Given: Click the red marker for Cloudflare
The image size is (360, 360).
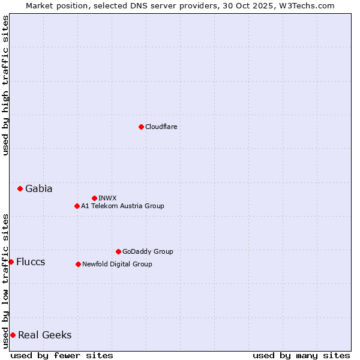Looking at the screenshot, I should (141, 127).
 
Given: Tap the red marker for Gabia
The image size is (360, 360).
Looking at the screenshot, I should (20, 188).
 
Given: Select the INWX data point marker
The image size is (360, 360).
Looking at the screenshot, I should (94, 198).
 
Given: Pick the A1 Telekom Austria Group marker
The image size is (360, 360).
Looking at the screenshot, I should (77, 206).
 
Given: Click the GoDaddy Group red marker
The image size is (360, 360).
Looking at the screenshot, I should (118, 251).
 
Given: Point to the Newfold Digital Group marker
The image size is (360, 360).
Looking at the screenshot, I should (78, 264).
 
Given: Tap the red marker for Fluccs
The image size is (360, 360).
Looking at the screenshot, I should (11, 262).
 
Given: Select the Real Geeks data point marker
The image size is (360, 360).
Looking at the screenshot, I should (13, 335).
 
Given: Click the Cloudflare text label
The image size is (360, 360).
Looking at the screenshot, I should (161, 127).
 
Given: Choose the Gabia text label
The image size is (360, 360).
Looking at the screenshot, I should (38, 188).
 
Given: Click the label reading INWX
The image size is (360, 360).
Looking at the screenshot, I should (107, 198).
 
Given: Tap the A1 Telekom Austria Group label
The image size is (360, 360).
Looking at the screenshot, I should (122, 206).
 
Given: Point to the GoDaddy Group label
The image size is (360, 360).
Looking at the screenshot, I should (148, 251).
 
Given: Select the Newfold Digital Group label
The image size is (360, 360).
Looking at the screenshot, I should (117, 264).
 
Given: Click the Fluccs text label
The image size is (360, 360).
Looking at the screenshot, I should (31, 262).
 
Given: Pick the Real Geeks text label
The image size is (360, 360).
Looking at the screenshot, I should (44, 335).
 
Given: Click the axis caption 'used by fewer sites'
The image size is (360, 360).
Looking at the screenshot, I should (62, 355).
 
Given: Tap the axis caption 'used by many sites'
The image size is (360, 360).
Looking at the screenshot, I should (301, 355).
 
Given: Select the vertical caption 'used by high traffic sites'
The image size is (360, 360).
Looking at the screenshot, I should (5, 85).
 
